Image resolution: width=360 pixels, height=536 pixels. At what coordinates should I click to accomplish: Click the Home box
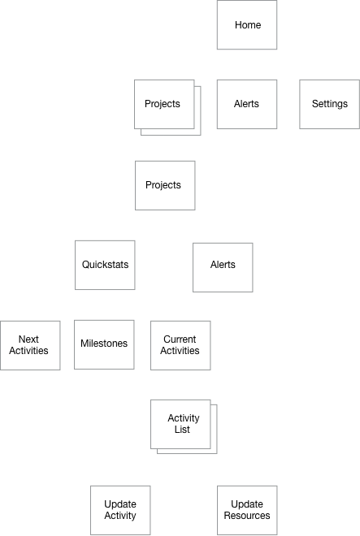click(x=247, y=24)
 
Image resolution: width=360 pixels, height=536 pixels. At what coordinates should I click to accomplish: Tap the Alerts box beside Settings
click(x=247, y=104)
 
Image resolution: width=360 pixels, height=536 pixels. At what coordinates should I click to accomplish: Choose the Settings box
click(x=329, y=104)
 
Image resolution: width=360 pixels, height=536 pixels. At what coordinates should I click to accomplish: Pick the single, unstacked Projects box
click(x=165, y=185)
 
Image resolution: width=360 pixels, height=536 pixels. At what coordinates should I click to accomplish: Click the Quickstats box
click(x=105, y=265)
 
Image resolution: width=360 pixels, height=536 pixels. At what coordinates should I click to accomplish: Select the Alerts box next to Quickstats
click(x=223, y=267)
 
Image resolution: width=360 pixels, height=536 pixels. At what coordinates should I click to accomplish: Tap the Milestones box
click(x=104, y=344)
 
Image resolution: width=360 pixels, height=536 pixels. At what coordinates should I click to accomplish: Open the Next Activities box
click(x=30, y=345)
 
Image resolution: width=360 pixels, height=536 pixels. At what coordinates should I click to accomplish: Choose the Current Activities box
click(x=180, y=345)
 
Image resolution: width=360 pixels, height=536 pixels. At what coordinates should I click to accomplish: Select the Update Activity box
click(x=120, y=510)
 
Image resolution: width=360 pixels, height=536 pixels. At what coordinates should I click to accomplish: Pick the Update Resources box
click(x=247, y=510)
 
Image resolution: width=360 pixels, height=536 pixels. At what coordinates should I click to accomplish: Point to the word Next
click(x=28, y=339)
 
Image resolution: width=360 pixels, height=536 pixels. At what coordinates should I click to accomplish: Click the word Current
click(x=180, y=339)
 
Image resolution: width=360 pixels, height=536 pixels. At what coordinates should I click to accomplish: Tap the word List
click(x=182, y=430)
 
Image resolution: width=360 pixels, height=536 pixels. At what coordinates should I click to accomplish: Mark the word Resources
click(x=247, y=516)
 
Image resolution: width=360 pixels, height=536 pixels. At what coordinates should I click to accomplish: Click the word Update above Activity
click(x=120, y=504)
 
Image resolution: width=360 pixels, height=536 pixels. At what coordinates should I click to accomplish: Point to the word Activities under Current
click(x=180, y=351)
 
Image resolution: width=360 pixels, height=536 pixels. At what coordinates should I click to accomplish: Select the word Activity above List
click(x=184, y=418)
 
